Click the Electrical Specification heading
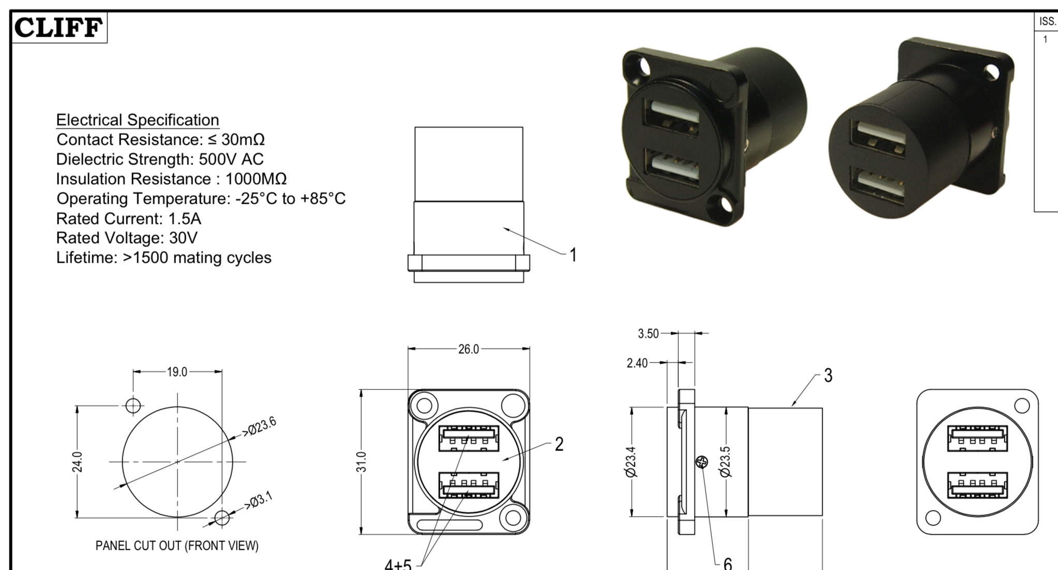pos(138,120)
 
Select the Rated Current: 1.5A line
pos(129,219)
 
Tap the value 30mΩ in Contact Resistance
pos(243,140)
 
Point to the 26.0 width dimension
pos(469,349)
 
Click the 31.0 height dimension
pos(362,462)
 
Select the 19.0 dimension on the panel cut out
pos(177,372)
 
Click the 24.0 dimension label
pos(77,462)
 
